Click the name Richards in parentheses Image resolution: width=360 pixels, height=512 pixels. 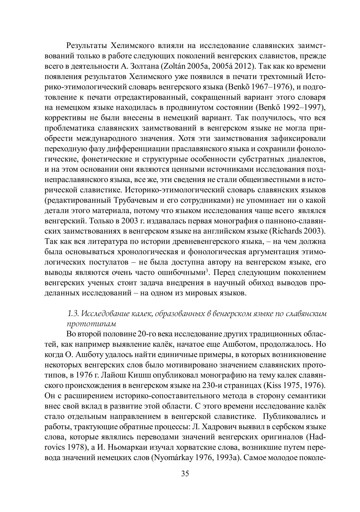287,231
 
